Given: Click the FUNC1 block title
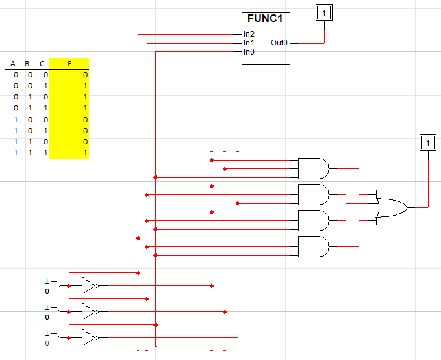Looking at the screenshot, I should (x=266, y=18).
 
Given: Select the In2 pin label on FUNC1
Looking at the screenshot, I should (x=249, y=34).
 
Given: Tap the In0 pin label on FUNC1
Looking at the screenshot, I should (x=249, y=51).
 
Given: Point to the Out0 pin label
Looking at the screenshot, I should (x=279, y=43).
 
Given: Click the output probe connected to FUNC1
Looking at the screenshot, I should (x=323, y=12).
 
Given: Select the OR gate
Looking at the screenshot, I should (x=391, y=207).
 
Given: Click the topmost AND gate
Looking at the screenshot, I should (x=313, y=168).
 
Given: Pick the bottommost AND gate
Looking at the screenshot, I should (x=313, y=246).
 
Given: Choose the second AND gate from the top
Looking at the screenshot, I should (x=313, y=194).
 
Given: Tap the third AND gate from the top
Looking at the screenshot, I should (x=313, y=220).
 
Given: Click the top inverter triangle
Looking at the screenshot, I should (x=89, y=285).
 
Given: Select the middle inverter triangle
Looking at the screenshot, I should (x=89, y=311).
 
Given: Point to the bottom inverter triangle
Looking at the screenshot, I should (x=89, y=337).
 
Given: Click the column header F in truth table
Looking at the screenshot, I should (x=69, y=64).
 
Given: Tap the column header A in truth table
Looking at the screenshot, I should (x=13, y=64).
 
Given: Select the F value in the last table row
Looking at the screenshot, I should (x=85, y=153).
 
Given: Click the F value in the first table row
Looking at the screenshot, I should (x=85, y=75).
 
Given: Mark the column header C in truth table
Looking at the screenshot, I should (x=42, y=64).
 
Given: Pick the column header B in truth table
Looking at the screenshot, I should (x=27, y=64).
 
